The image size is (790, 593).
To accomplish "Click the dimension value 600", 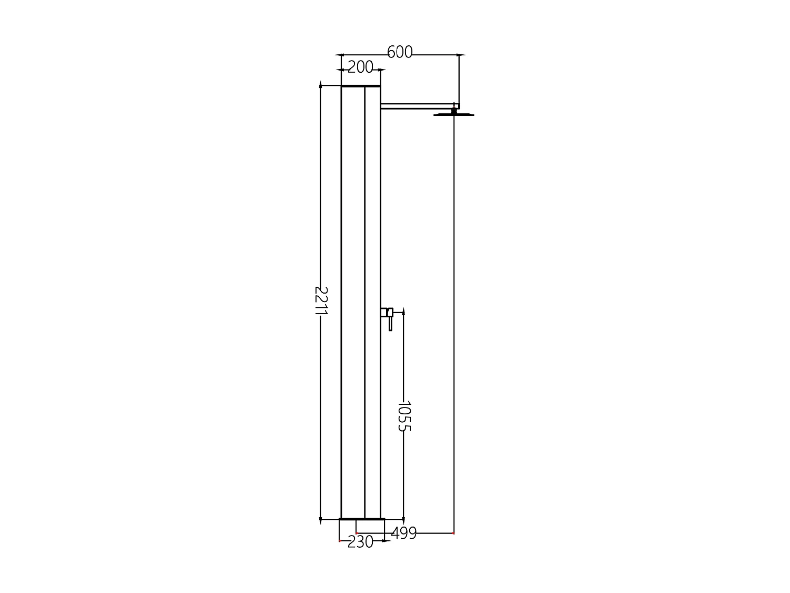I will click(400, 52).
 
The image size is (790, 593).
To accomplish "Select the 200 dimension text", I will click(360, 67).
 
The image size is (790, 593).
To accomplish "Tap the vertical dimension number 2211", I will click(320, 302).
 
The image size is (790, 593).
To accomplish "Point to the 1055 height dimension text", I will click(403, 416).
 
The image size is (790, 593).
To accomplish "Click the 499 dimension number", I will click(403, 533).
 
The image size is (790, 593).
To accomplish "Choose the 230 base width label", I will click(360, 542).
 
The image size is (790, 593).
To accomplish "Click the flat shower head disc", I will click(453, 114).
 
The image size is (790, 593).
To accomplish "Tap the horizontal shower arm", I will click(416, 106).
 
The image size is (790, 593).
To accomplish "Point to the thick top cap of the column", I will click(361, 85).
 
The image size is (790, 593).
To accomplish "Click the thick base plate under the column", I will click(362, 520).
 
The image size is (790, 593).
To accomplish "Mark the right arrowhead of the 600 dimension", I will click(461, 54).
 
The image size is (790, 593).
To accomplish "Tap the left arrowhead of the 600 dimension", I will click(340, 54).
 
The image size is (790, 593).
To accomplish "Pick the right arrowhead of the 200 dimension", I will click(382, 70).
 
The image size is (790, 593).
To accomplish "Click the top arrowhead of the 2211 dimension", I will click(321, 84).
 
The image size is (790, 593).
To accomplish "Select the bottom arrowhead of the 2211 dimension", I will click(321, 520).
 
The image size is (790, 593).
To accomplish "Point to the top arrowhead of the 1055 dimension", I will click(403, 313).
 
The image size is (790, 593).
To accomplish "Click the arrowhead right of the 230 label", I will click(386, 541).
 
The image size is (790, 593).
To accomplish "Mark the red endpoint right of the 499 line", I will click(453, 533).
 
